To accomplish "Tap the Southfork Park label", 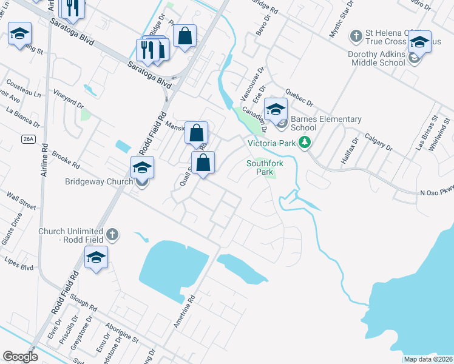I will (x=262, y=167).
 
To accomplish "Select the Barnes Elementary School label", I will (x=326, y=123).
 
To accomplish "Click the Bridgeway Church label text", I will (x=98, y=181).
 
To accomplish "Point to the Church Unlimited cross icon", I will (x=112, y=234).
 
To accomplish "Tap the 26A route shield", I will (x=28, y=139).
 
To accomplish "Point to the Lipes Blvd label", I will (x=19, y=266).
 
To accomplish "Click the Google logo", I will (x=20, y=357).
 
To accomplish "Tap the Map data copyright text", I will (x=428, y=359).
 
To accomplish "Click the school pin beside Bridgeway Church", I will (x=142, y=167).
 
